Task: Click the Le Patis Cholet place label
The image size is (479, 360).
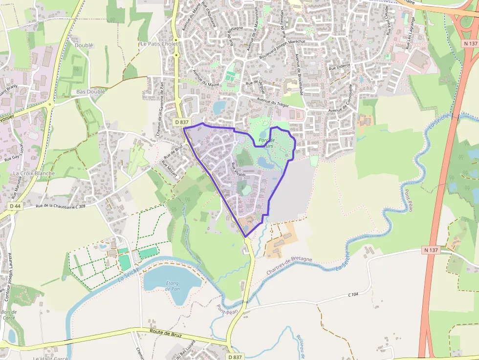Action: (159, 43)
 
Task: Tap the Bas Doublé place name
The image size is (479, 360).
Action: (91, 92)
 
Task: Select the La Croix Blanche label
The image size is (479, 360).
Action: (34, 173)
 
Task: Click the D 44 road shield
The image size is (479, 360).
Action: (15, 206)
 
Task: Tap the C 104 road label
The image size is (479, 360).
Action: (353, 295)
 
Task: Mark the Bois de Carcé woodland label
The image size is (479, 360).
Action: (9, 315)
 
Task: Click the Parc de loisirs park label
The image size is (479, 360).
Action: (267, 143)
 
